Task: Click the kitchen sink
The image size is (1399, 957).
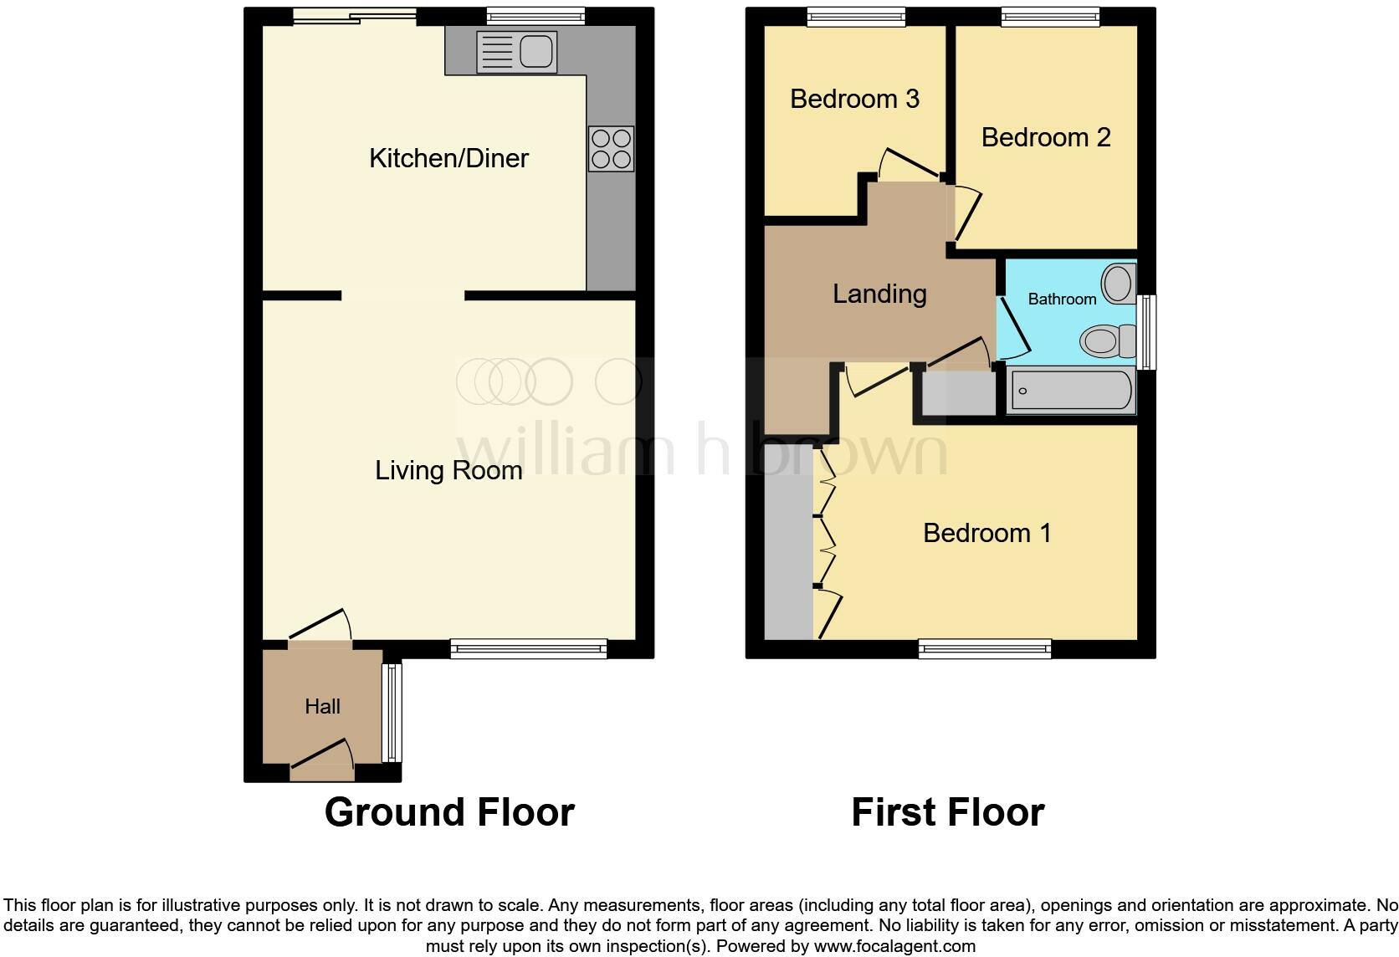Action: point(516,52)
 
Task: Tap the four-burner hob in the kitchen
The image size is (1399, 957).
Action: point(611,149)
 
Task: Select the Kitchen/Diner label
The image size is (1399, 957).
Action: point(448,158)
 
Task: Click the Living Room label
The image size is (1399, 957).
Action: point(448,470)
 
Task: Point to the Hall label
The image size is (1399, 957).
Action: point(322,707)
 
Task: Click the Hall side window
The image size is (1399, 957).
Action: point(392,713)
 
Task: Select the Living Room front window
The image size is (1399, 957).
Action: point(528,648)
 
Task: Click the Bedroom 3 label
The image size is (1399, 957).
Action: point(854,99)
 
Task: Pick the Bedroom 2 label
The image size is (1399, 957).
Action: point(1046,137)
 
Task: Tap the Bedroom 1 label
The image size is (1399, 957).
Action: point(986,533)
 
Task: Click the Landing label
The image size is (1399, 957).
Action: point(879,294)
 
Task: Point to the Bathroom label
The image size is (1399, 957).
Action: point(1062,299)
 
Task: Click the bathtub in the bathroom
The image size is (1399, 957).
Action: point(1071,391)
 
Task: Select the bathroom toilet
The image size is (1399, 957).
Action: point(1103,341)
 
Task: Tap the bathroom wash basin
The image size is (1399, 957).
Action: point(1118,283)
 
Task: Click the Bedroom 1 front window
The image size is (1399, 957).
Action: point(984,648)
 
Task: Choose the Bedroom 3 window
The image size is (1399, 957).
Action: point(856,17)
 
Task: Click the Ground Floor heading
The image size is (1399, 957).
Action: point(449,812)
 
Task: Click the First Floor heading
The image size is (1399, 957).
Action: point(947,812)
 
